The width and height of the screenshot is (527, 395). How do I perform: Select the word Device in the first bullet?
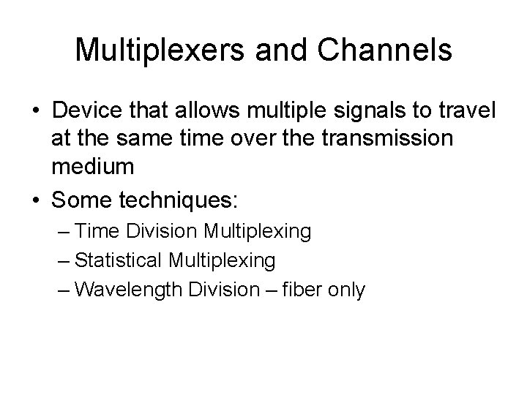click(x=86, y=112)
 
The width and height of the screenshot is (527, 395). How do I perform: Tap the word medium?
click(x=93, y=167)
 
